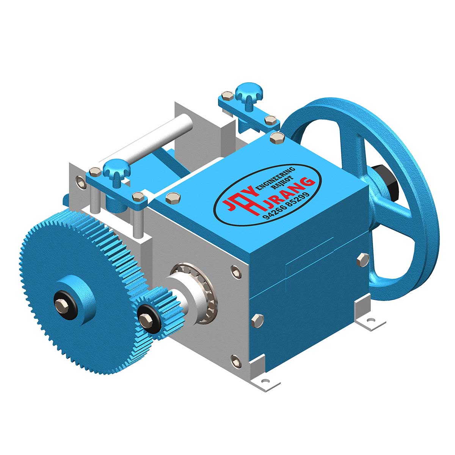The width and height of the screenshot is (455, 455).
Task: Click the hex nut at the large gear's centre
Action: pyautogui.click(x=62, y=305)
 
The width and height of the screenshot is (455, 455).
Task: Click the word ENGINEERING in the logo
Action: pyautogui.click(x=276, y=177)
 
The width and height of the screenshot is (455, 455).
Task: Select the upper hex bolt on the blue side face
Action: pyautogui.click(x=363, y=259)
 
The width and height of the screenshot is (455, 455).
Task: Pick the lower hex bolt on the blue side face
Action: pyautogui.click(x=257, y=321)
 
